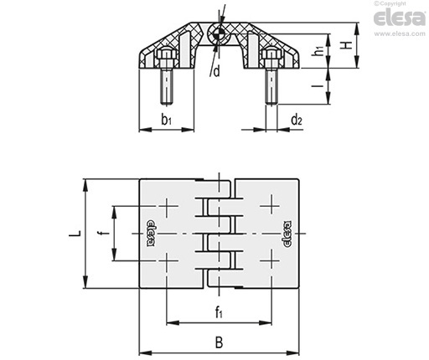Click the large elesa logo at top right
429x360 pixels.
pos(400,18)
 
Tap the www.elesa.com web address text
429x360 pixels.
pos(400,33)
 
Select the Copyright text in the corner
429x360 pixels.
pos(390,3)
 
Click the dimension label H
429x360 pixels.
pos(347,45)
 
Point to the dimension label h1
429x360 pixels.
pos(318,51)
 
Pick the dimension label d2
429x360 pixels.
pos(297,120)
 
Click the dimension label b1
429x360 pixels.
pos(166,120)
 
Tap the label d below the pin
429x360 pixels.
pos(217,71)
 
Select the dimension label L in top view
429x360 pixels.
pos(75,233)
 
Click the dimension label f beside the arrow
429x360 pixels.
pos(105,233)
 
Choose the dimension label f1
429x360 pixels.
pos(219,312)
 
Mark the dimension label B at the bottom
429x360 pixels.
pos(220,342)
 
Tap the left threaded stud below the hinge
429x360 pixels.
pos(167,86)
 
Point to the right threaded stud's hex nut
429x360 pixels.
pos(271,54)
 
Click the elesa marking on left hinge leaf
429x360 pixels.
pos(151,233)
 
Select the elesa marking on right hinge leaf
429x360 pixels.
pos(287,234)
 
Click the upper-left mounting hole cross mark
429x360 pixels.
pos(167,207)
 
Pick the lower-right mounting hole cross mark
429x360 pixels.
pos(271,260)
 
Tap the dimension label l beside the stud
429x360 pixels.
pos(318,85)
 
